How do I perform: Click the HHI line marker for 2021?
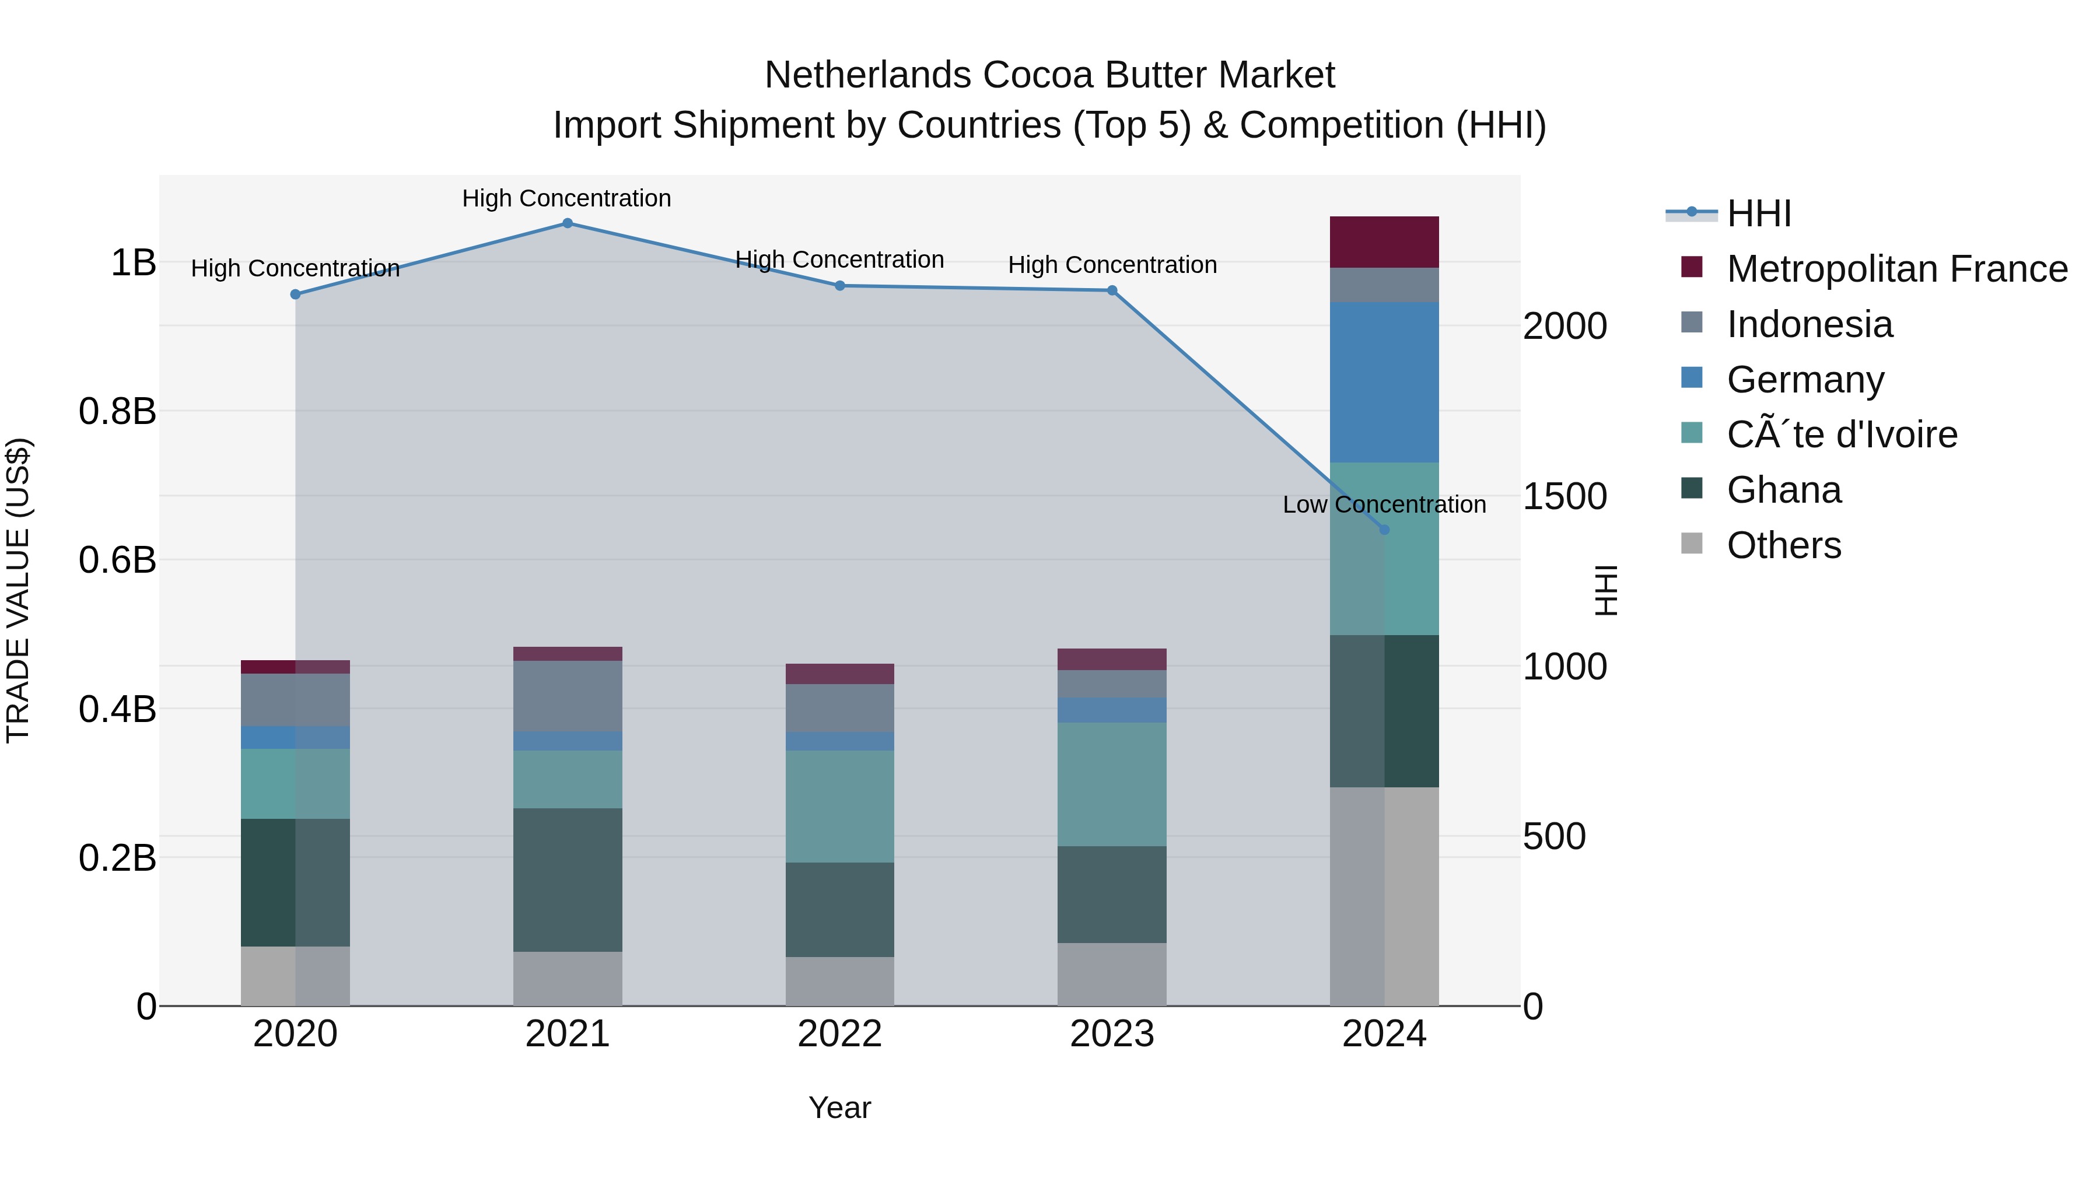coord(568,223)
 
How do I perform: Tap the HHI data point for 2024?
coord(1384,530)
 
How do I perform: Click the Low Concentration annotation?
coord(1384,504)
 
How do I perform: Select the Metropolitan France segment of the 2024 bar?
coord(1384,242)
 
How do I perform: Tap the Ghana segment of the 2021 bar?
coord(568,879)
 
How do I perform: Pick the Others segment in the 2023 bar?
coord(1112,974)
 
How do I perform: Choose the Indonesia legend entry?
coord(1809,324)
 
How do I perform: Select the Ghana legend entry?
coord(1784,490)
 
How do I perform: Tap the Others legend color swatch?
coord(1692,544)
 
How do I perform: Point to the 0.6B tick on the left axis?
coord(117,560)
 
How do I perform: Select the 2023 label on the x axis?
coord(1112,1034)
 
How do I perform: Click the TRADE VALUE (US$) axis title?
coord(18,590)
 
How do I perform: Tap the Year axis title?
coord(839,1108)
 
